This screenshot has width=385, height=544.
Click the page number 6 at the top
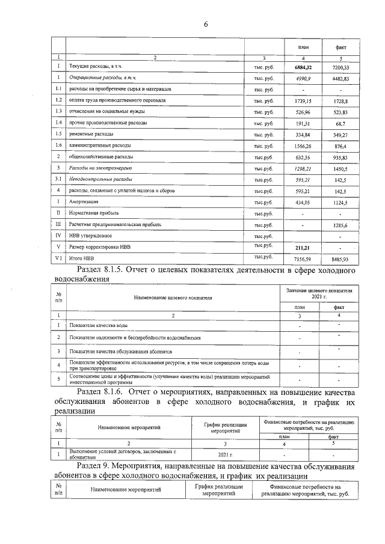pyautogui.click(x=205, y=24)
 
